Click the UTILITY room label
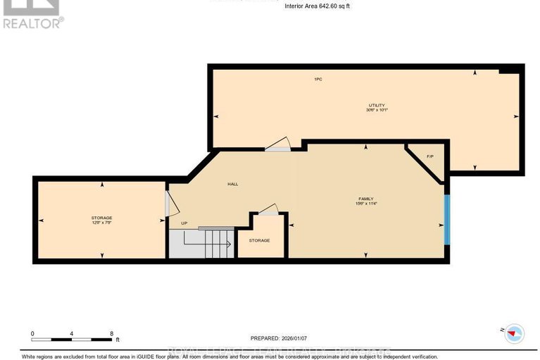point(377,105)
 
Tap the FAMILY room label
point(365,199)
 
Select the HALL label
point(232,184)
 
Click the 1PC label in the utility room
point(318,79)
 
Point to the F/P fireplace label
point(430,156)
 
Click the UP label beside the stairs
point(184,223)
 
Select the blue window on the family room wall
point(447,220)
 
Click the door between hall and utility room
point(277,144)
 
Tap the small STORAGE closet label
point(259,241)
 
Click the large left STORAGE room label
point(101,218)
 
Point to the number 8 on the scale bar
point(111,333)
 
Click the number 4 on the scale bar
point(72,333)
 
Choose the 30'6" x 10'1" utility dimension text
point(377,110)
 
